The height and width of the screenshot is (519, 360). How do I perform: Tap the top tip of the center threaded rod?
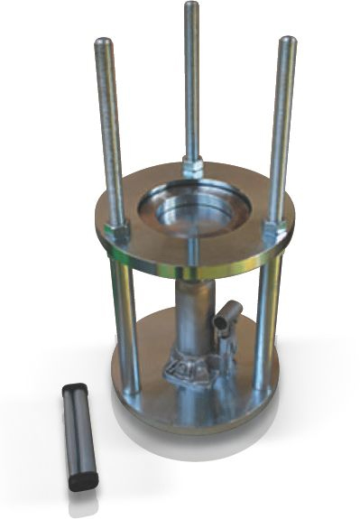pyautogui.click(x=191, y=6)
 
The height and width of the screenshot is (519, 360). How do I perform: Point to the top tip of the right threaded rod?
pyautogui.click(x=287, y=41)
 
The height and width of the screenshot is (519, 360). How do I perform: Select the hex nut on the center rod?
pyautogui.click(x=192, y=166)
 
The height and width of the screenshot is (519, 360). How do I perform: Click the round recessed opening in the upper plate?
pyautogui.click(x=192, y=209)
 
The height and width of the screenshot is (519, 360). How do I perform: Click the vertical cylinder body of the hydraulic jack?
pyautogui.click(x=192, y=316)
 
